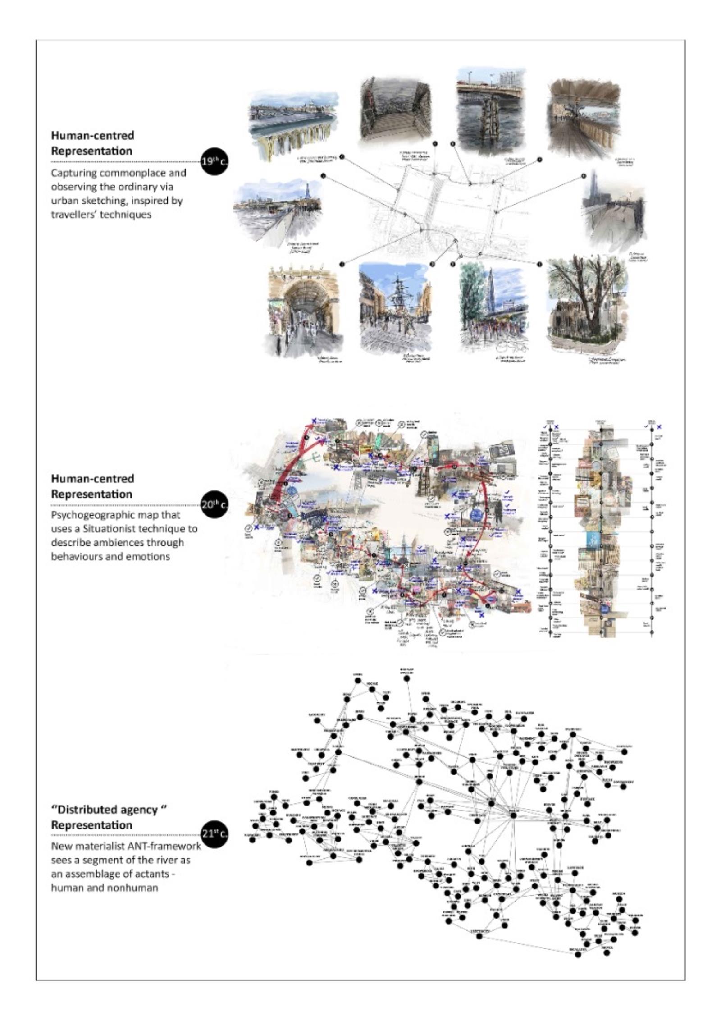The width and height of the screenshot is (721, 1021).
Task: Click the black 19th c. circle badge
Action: coord(213,161)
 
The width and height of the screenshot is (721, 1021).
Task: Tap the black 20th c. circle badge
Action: coord(213,504)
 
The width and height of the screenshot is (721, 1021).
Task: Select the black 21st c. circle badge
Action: coord(213,834)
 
